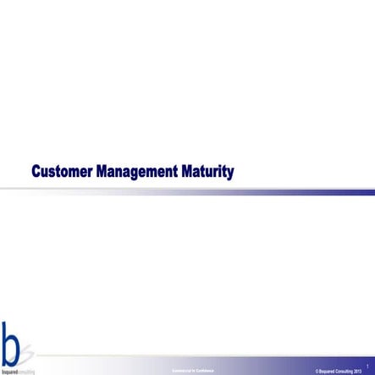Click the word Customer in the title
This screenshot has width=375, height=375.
click(62, 173)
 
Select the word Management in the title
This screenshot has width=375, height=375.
click(135, 173)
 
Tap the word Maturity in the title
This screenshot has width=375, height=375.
click(207, 173)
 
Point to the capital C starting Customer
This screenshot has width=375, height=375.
click(36, 173)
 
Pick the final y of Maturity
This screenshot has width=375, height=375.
click(229, 174)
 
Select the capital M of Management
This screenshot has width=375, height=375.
click(102, 173)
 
